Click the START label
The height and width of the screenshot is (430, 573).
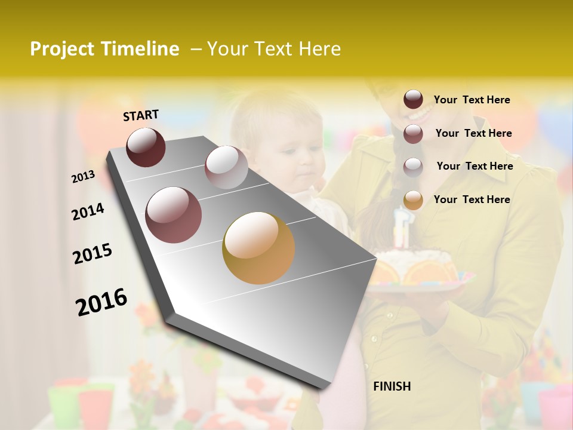tap(141, 115)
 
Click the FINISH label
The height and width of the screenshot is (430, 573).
tap(392, 386)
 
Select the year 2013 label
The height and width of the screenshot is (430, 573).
tap(83, 177)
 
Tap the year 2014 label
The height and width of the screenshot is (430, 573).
tap(88, 211)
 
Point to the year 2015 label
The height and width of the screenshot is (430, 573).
tap(93, 254)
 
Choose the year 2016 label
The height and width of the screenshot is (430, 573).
tap(101, 302)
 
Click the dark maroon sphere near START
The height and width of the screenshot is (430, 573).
tap(146, 147)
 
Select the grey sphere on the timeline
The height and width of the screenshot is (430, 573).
tap(226, 167)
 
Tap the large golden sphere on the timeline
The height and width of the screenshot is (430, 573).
tap(258, 248)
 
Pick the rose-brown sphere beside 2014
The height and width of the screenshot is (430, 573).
tap(174, 215)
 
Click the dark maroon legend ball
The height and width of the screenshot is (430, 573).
tap(413, 100)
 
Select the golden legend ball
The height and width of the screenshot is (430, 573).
tap(413, 200)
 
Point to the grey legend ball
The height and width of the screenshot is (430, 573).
tap(413, 167)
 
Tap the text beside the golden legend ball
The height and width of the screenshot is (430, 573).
tap(472, 199)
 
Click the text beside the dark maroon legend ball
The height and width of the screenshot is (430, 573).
tap(472, 100)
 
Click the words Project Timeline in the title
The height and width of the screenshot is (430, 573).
tap(104, 49)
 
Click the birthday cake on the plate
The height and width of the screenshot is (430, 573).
tap(418, 269)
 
